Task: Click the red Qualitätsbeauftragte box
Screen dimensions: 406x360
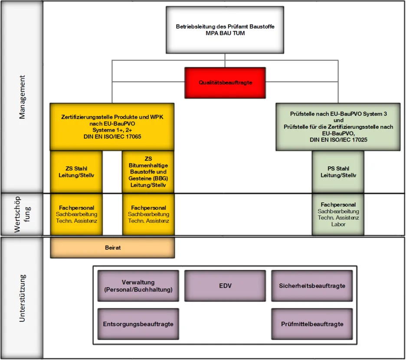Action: click(x=225, y=82)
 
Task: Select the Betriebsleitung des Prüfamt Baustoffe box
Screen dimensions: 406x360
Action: click(x=225, y=30)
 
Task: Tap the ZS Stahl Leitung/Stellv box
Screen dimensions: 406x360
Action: click(x=76, y=172)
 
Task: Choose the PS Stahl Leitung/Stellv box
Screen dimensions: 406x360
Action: click(x=338, y=172)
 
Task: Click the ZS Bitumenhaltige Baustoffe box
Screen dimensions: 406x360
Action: click(x=148, y=172)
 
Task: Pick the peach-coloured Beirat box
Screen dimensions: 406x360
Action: click(x=113, y=248)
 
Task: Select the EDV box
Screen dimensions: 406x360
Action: click(x=225, y=286)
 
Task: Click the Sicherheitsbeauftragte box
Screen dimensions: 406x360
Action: click(x=312, y=286)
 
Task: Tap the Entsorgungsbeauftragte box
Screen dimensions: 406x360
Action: click(x=138, y=324)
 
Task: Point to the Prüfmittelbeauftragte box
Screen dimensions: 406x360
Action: click(x=312, y=324)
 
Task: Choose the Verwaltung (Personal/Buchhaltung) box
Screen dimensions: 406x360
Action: click(x=138, y=286)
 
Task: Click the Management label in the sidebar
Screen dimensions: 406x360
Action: click(x=22, y=97)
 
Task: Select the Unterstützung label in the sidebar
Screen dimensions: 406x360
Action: click(x=22, y=298)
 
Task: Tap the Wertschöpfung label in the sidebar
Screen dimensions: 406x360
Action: click(x=22, y=214)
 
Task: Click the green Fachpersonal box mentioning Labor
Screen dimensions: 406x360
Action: click(x=338, y=214)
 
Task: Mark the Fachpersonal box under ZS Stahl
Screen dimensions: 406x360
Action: click(x=76, y=214)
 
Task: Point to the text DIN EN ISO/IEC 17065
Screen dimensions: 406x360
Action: click(x=112, y=137)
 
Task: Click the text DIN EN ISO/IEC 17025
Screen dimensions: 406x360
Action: click(x=338, y=140)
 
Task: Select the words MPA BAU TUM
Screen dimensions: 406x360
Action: click(x=225, y=33)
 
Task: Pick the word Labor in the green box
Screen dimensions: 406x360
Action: click(x=338, y=224)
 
